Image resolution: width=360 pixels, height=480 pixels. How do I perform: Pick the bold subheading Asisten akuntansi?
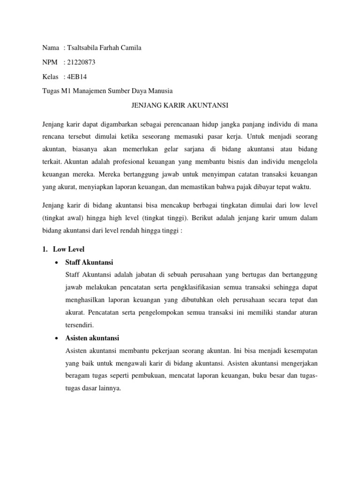pos(93,337)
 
